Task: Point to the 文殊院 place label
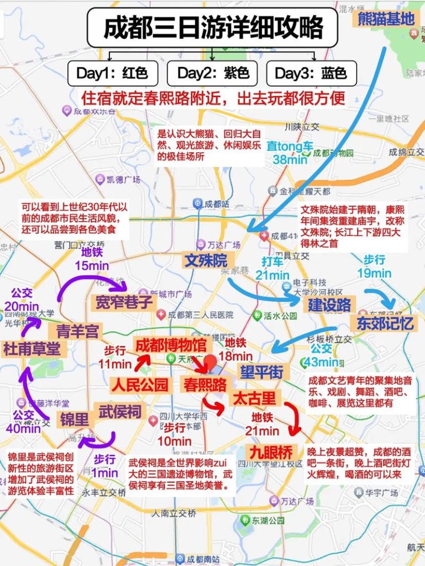206,260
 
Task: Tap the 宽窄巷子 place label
123,302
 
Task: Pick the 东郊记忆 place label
385,323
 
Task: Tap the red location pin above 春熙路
211,363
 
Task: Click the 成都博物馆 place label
171,346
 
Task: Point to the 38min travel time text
290,159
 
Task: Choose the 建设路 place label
329,303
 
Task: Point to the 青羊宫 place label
77,331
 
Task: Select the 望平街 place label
261,371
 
